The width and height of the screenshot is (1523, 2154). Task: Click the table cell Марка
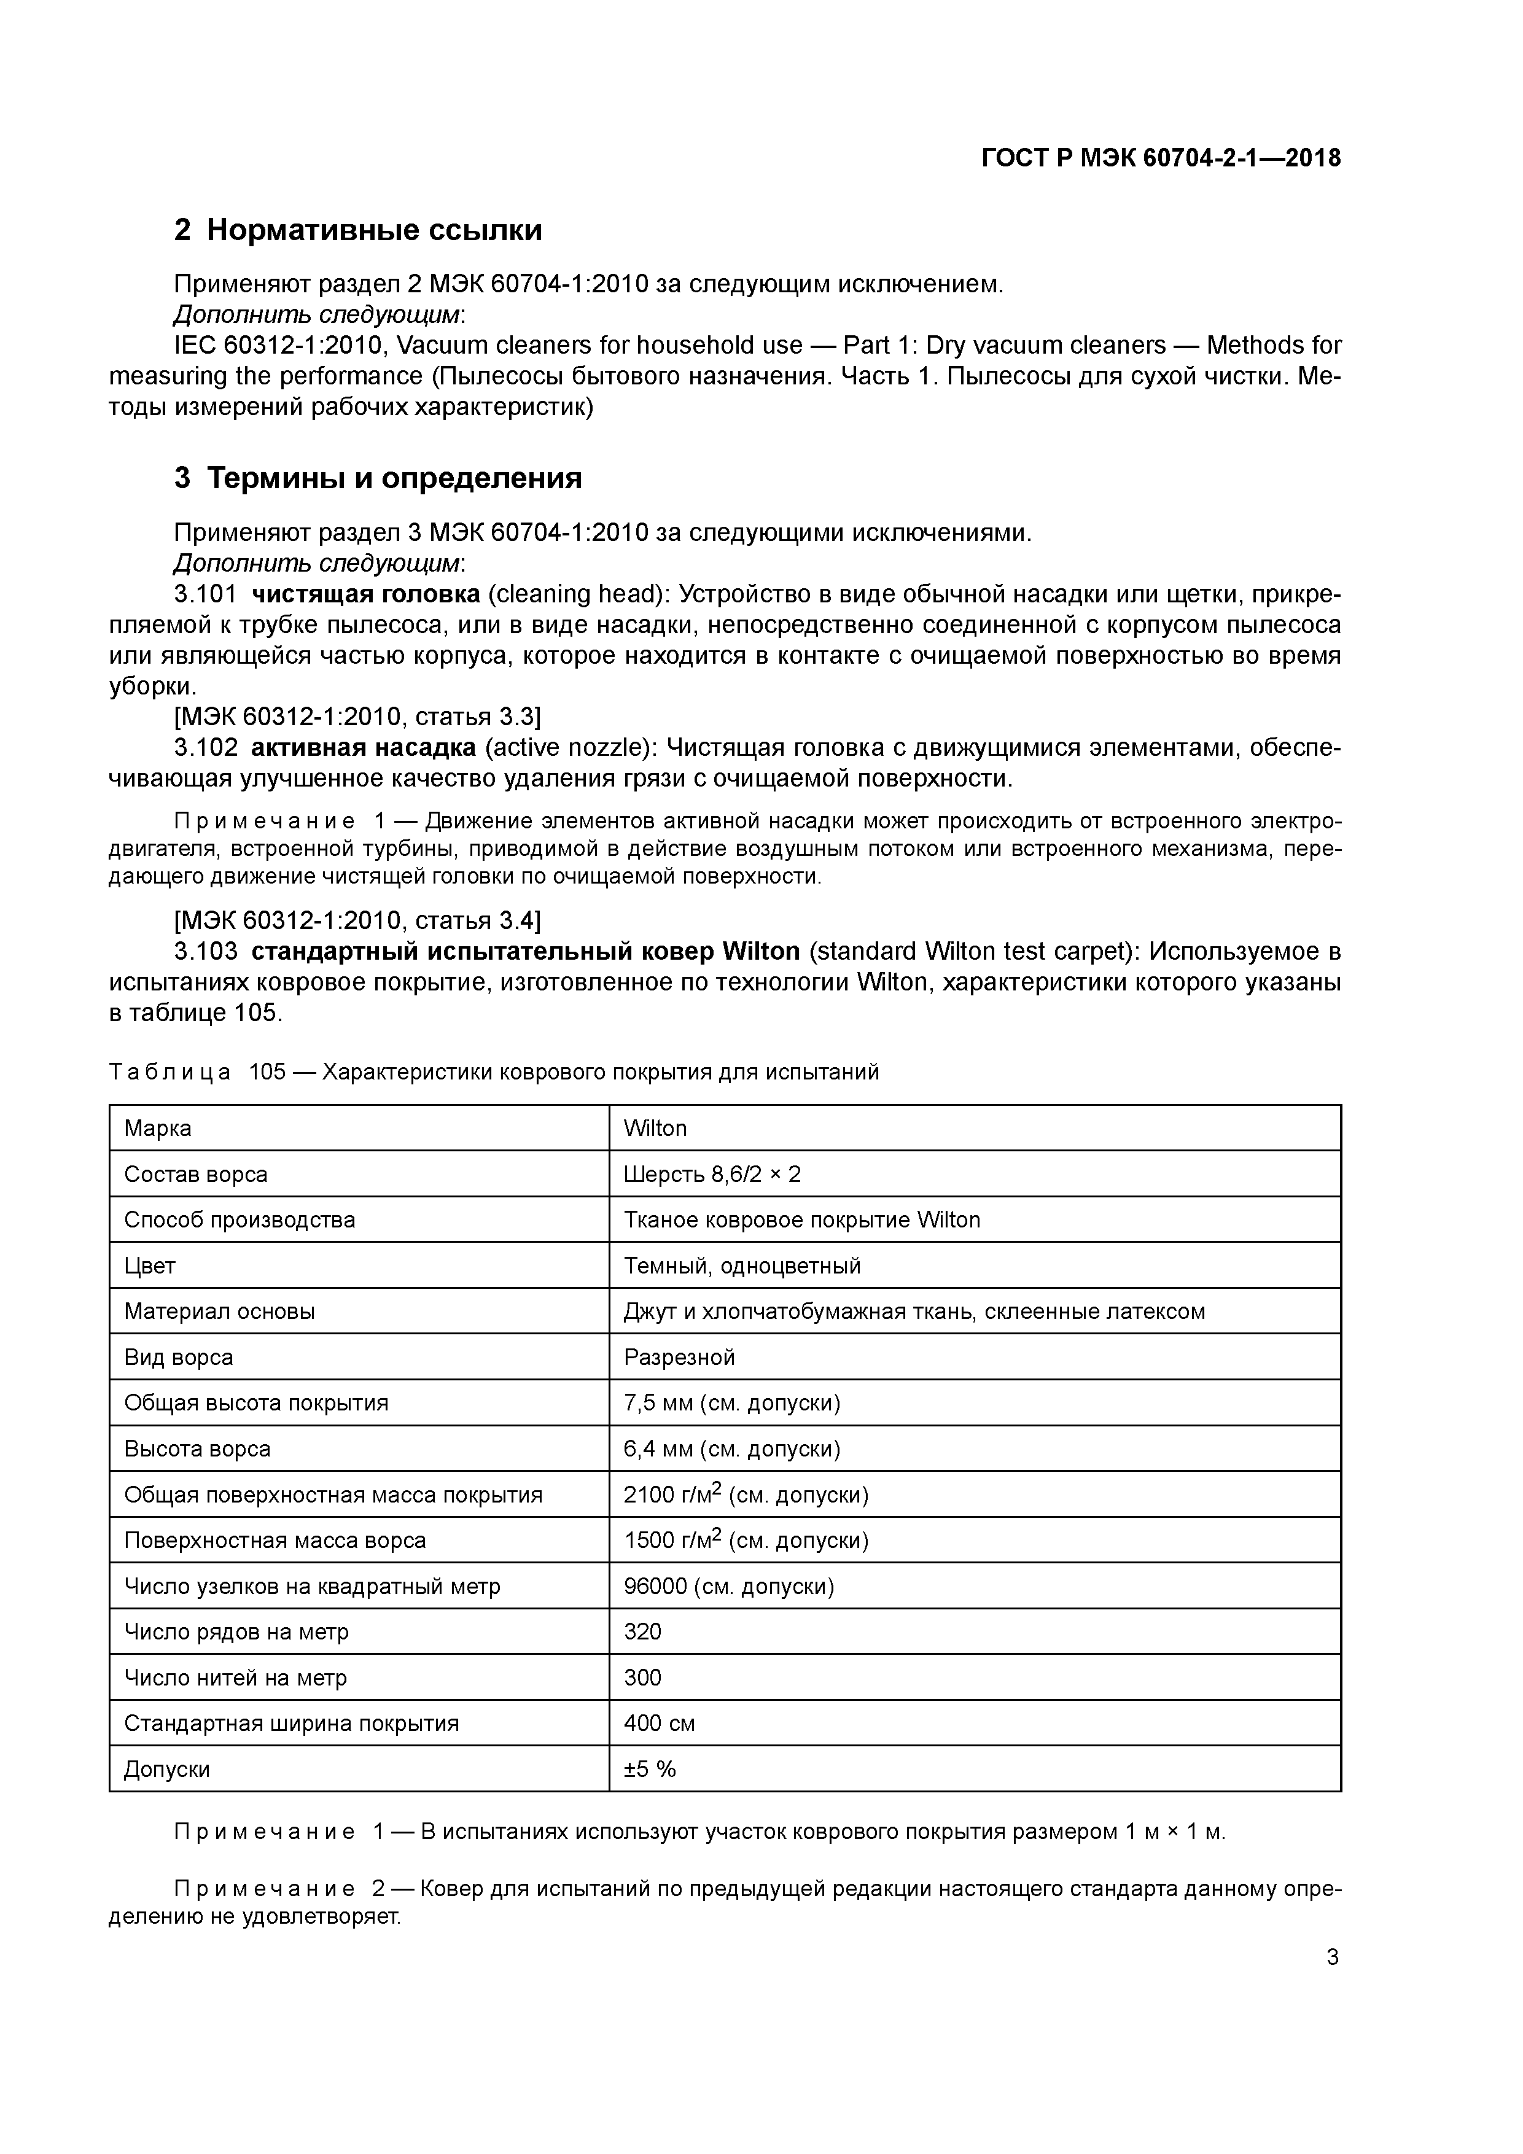pos(158,1128)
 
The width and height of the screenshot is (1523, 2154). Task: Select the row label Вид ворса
pos(178,1358)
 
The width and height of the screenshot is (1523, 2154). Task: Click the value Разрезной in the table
pos(679,1358)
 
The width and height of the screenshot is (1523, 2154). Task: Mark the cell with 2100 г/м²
pos(746,1495)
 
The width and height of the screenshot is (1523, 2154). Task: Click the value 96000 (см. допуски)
pos(729,1587)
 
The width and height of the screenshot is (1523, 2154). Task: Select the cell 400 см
pos(659,1724)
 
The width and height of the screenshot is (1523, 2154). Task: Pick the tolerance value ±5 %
pos(649,1770)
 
